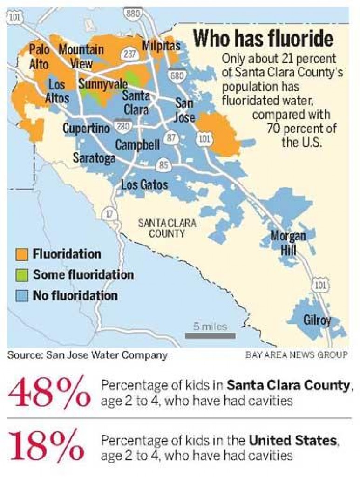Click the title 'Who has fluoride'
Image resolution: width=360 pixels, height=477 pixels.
coord(263,38)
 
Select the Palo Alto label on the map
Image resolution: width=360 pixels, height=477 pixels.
coord(39,56)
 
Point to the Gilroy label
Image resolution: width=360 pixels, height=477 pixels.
coord(317,320)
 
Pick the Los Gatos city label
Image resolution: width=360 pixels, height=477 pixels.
coord(144,184)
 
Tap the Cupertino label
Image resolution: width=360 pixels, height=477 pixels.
coord(87,128)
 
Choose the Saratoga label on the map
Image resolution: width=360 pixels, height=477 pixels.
coord(94,158)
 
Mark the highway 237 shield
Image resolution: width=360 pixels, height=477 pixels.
coord(130,54)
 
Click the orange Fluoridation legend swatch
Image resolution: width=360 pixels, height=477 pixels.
coord(22,254)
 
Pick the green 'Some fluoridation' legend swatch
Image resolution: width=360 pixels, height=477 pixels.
coord(22,275)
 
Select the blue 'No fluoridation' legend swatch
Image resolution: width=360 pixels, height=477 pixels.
coord(22,295)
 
